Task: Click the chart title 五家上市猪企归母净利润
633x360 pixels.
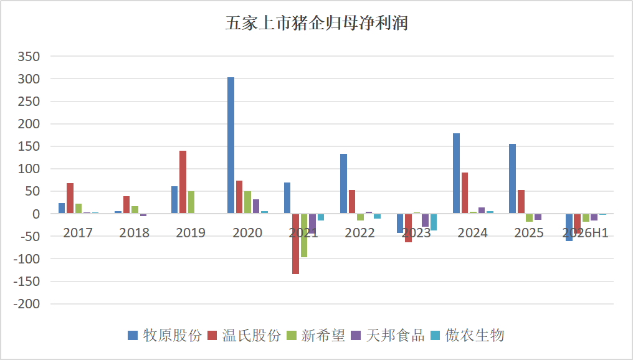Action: [316, 23]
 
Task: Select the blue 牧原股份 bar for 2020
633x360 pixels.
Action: [231, 145]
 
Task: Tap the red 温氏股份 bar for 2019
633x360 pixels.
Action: [183, 182]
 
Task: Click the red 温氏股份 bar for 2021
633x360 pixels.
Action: [295, 244]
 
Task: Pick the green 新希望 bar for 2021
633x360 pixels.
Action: [304, 235]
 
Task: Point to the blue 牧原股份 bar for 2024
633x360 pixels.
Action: [456, 174]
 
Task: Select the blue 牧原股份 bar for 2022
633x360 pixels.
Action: [343, 184]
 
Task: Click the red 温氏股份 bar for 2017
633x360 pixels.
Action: [70, 198]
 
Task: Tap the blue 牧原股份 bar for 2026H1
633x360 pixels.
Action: [569, 227]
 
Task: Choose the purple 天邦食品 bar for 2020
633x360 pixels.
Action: [256, 206]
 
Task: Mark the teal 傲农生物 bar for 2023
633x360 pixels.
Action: [434, 222]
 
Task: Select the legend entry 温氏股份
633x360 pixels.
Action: [244, 335]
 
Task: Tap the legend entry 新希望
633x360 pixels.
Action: [316, 335]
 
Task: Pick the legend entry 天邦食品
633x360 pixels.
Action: [388, 335]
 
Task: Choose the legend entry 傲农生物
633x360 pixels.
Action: [467, 335]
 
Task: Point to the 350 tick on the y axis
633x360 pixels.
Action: [29, 57]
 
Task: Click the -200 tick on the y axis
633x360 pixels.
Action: [27, 304]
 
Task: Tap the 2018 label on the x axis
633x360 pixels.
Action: [135, 233]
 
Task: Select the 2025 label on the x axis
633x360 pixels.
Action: [529, 233]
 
